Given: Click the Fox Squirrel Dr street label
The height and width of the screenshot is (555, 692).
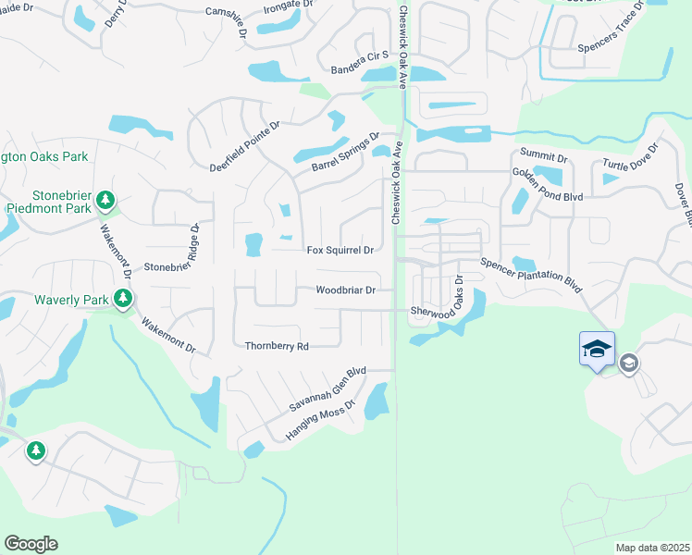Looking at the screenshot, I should (340, 250).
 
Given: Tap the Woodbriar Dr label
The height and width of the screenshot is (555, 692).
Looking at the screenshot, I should (345, 290).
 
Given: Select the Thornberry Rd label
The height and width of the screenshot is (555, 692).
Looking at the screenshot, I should (276, 346).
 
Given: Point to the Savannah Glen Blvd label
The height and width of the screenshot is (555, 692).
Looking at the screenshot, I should (327, 389).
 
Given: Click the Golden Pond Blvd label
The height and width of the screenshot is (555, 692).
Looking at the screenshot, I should (549, 171).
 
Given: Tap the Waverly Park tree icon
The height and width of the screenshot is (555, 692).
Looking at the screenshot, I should (122, 299).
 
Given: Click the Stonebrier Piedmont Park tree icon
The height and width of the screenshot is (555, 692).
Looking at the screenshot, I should (105, 200).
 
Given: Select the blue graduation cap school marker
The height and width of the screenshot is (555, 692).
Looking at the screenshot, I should (597, 350).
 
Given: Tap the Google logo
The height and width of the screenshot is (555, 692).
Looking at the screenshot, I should (31, 544).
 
